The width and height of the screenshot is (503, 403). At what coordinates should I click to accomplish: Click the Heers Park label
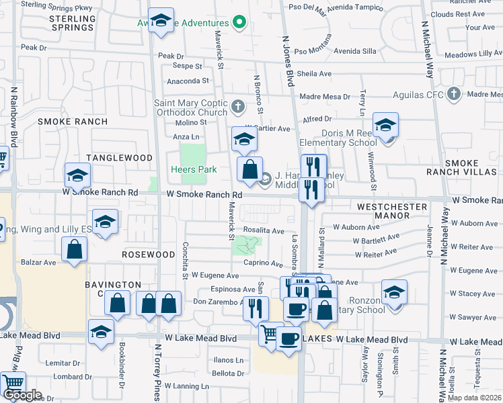(x=193, y=170)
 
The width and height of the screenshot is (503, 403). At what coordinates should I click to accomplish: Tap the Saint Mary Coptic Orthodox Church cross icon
(x=237, y=107)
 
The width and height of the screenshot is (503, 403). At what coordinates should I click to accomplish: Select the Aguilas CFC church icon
(x=454, y=93)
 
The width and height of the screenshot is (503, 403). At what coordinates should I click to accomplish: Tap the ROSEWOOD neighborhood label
(x=149, y=255)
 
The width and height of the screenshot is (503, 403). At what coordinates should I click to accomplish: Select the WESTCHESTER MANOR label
(x=392, y=211)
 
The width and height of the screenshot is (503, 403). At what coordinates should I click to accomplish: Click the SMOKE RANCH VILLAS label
(x=471, y=167)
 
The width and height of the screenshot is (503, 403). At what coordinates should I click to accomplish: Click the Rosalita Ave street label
(x=264, y=230)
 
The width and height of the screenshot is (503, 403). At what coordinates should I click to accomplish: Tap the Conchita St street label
(x=184, y=261)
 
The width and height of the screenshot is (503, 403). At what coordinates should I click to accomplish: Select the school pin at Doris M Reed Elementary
(x=386, y=126)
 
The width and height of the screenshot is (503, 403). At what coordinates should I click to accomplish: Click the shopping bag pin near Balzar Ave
(x=74, y=249)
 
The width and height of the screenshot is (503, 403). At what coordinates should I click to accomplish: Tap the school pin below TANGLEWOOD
(x=78, y=177)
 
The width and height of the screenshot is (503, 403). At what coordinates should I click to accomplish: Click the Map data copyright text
(x=474, y=398)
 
